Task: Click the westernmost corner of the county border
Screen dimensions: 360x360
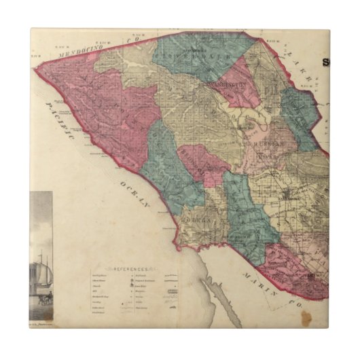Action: (x=39, y=69)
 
